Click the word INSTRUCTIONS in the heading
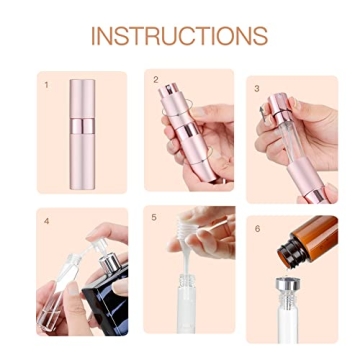point(179,36)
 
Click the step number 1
point(46,85)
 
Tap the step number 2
point(156,79)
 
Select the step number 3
point(257,88)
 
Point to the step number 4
point(46,220)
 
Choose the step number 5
point(154,217)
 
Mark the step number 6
point(257,228)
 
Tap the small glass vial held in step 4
point(58,290)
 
